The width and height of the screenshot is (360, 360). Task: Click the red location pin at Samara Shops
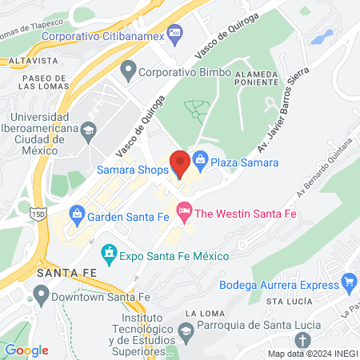coord(180,163)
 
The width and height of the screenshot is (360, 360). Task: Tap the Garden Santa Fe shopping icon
coord(78,215)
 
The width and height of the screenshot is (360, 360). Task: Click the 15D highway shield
coord(38,214)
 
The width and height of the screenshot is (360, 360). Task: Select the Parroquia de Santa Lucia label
coord(253,324)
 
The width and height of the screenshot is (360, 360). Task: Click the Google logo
coord(26,350)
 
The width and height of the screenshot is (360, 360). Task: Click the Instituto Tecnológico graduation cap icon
coord(186,329)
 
